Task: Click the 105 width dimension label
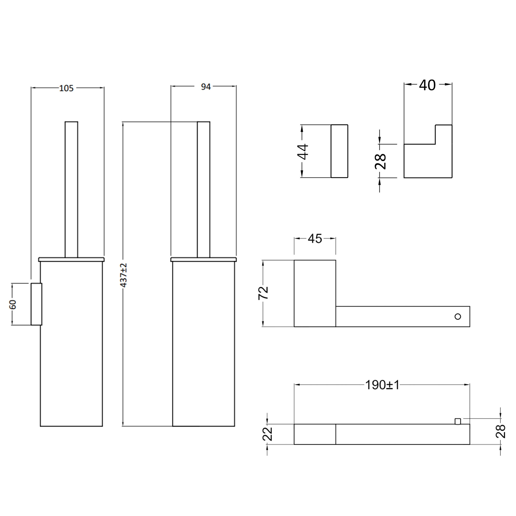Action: point(66,88)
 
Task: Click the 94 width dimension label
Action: point(206,87)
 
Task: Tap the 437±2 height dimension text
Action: point(124,275)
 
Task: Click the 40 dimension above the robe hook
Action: point(427,85)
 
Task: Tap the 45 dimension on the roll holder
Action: point(315,239)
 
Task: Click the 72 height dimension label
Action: point(263,293)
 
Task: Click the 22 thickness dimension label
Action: point(268,434)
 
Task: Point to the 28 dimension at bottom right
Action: point(501,431)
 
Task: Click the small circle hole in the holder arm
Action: point(457,317)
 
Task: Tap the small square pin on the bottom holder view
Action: point(458,421)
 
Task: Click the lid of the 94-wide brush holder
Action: point(204,259)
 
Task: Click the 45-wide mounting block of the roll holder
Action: point(315,293)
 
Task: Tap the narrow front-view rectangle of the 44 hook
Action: point(339,151)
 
